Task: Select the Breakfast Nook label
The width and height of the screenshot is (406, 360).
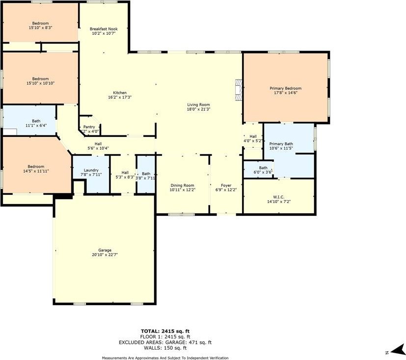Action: pyautogui.click(x=103, y=29)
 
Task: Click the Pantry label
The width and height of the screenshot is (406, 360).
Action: pyautogui.click(x=89, y=127)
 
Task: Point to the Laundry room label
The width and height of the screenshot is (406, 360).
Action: pyautogui.click(x=91, y=170)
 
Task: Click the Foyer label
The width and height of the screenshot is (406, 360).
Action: pyautogui.click(x=226, y=185)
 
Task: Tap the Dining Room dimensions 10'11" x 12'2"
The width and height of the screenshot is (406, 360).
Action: pyautogui.click(x=182, y=190)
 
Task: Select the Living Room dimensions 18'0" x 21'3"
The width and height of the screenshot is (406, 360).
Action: pyautogui.click(x=198, y=109)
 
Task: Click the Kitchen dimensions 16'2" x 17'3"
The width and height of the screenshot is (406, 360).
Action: pyautogui.click(x=120, y=97)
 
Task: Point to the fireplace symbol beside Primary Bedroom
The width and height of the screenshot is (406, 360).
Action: pyautogui.click(x=239, y=90)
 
